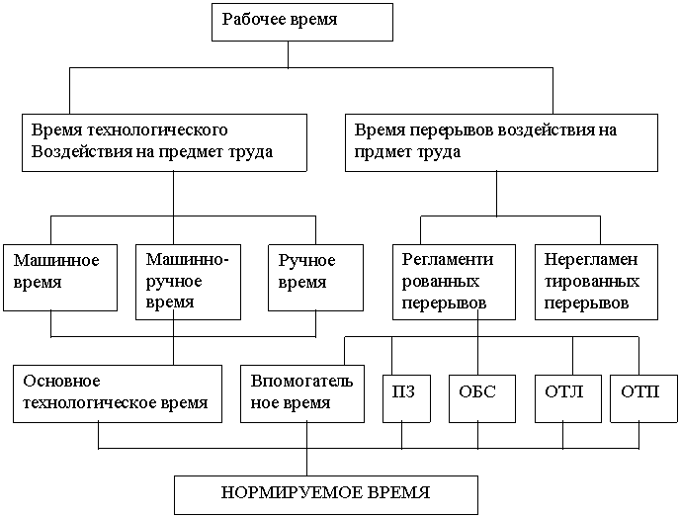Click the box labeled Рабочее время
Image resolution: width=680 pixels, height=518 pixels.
[301, 22]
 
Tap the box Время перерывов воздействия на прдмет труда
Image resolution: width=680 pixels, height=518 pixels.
[501, 142]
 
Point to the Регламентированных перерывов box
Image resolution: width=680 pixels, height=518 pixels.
[453, 282]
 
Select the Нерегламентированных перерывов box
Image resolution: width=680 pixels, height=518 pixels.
[595, 282]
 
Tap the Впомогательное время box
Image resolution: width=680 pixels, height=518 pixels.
[304, 392]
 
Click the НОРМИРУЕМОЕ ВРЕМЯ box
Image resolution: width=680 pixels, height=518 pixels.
[326, 492]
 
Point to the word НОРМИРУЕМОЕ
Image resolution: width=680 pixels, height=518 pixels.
[282, 492]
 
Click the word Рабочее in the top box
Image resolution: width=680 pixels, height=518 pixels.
[248, 20]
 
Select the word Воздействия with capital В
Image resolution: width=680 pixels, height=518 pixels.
[77, 152]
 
